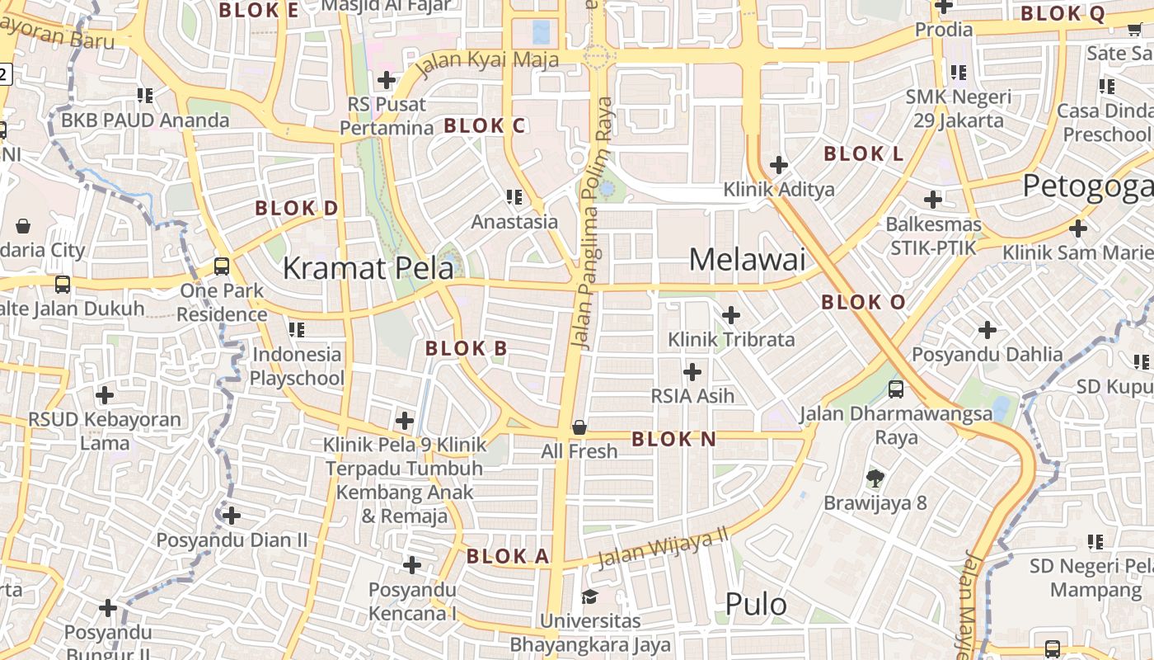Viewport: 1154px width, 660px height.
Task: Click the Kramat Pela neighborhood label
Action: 368,268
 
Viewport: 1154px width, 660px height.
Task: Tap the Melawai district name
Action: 747,260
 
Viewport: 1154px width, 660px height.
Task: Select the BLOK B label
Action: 467,349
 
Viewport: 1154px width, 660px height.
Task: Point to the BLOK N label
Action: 674,440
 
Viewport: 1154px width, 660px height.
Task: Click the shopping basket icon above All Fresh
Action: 579,427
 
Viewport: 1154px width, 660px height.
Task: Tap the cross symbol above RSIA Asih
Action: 692,372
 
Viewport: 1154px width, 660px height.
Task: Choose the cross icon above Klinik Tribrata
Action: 731,315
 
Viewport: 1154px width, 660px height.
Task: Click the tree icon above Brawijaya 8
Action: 875,478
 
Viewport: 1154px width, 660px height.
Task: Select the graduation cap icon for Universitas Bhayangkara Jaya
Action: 589,596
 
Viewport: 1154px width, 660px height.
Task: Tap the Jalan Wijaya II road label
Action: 664,549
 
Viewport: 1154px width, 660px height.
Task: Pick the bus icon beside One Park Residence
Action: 222,266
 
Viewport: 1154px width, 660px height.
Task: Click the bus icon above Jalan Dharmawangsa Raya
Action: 896,389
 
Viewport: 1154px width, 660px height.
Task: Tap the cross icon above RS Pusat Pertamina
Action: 386,80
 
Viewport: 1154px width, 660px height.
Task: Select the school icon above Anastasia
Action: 514,197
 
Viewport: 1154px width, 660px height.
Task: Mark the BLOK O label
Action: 863,303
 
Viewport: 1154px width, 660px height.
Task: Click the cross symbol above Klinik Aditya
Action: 779,165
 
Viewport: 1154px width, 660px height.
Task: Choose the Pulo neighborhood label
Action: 756,605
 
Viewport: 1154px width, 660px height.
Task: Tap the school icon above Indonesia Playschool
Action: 297,330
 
